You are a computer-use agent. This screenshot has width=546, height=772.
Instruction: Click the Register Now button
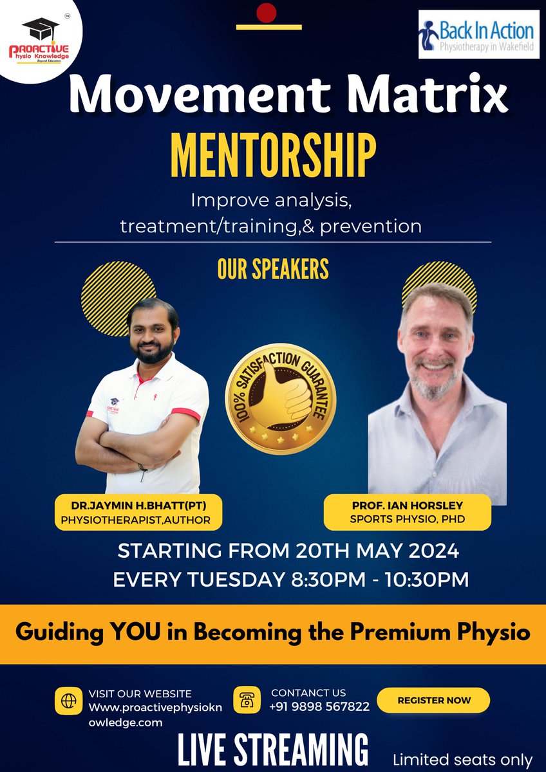click(433, 700)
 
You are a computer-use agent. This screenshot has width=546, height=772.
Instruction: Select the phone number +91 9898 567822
click(320, 706)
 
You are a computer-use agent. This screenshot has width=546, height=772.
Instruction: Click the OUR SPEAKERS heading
click(273, 270)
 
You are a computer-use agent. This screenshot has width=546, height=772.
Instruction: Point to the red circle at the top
click(266, 12)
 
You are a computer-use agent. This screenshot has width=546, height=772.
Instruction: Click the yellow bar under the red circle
click(268, 27)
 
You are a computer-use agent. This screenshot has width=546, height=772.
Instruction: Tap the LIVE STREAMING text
click(273, 750)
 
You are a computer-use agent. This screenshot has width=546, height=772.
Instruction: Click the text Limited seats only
click(463, 759)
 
